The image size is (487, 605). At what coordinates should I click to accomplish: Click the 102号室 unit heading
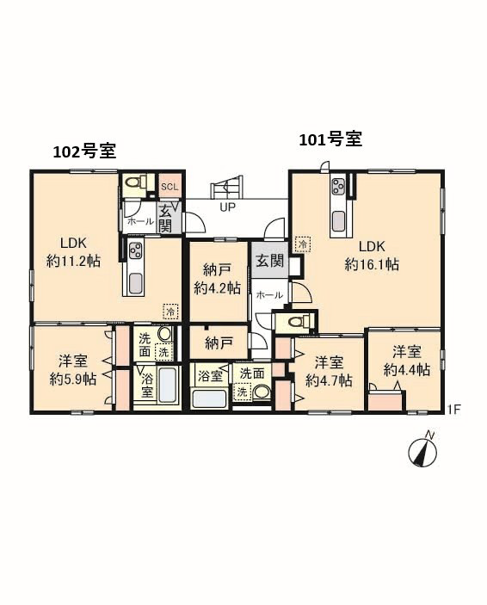click(84, 151)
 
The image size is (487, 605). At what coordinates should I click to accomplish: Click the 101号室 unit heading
click(330, 139)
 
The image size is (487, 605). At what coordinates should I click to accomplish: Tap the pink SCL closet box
click(170, 187)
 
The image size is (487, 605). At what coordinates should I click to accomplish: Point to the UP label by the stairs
click(227, 207)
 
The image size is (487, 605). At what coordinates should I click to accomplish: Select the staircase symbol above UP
click(226, 187)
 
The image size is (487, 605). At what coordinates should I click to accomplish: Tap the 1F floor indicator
click(454, 409)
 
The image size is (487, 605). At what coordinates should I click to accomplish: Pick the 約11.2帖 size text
click(73, 262)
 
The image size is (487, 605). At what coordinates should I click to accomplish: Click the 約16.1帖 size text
click(372, 265)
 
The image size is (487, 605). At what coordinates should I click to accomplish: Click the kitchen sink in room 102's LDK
click(135, 283)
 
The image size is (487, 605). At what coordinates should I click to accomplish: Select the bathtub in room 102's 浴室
click(168, 385)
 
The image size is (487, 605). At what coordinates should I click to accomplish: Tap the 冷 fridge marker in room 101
click(303, 244)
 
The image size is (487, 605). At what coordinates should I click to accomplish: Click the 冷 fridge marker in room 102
click(171, 312)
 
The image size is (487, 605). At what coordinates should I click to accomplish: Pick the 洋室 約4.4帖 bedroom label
click(407, 361)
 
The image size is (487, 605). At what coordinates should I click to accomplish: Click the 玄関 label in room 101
click(269, 261)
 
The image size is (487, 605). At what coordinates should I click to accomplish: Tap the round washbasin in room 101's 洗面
click(262, 392)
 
